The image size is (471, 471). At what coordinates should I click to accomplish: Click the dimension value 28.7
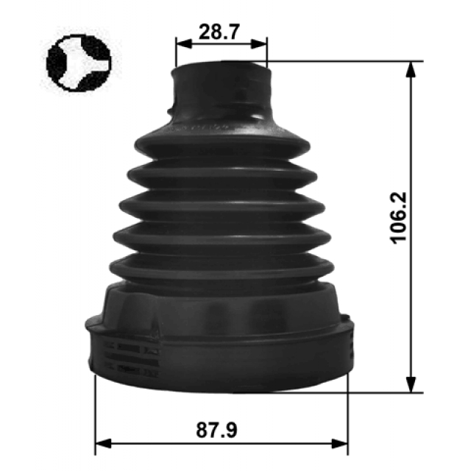pos(219,32)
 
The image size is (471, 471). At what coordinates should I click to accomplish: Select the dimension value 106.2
pos(398,218)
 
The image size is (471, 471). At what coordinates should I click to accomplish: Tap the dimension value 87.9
pos(216,430)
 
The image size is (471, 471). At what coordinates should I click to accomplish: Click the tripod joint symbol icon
pos(79,63)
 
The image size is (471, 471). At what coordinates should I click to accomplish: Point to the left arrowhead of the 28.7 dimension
pos(184,44)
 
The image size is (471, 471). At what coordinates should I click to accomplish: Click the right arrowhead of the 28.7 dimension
pos(258,44)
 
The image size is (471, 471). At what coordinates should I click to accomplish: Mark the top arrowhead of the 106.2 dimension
pos(411,70)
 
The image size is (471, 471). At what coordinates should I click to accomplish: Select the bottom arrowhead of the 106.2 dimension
pos(411,384)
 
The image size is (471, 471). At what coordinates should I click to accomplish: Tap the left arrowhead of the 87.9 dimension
pos(103,443)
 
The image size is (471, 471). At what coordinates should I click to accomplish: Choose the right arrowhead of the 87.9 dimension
pos(339,443)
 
